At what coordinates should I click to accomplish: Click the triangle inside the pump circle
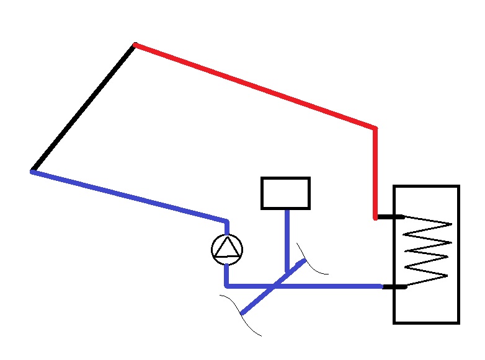(227, 248)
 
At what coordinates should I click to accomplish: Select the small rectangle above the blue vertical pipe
(285, 193)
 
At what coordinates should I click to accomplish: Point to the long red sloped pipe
(254, 86)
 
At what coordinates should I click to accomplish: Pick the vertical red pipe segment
(375, 173)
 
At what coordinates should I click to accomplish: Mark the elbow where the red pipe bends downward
(375, 129)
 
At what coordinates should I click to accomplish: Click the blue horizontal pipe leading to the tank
(335, 286)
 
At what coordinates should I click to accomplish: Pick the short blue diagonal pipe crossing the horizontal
(257, 301)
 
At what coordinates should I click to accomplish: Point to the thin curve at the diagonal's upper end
(313, 263)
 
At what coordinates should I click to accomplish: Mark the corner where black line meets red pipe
(135, 45)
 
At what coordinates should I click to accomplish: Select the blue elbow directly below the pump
(227, 285)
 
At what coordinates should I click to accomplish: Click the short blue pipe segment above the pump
(227, 227)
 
